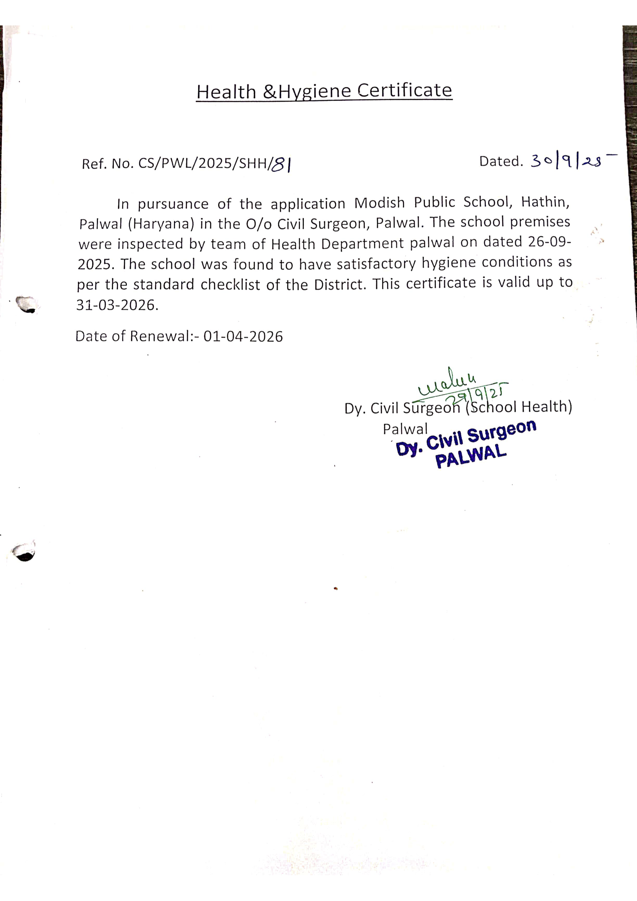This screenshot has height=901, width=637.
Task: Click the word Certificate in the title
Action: point(404,91)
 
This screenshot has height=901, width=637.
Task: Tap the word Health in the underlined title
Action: point(226,92)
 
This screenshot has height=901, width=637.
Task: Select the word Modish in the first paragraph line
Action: point(379,203)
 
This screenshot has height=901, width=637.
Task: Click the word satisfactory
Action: point(376,263)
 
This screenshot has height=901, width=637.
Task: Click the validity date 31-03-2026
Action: point(117,305)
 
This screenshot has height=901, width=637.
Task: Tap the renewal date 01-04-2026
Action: point(243,337)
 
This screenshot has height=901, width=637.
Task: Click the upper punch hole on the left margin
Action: point(27,304)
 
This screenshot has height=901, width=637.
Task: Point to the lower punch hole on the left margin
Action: point(24,553)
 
